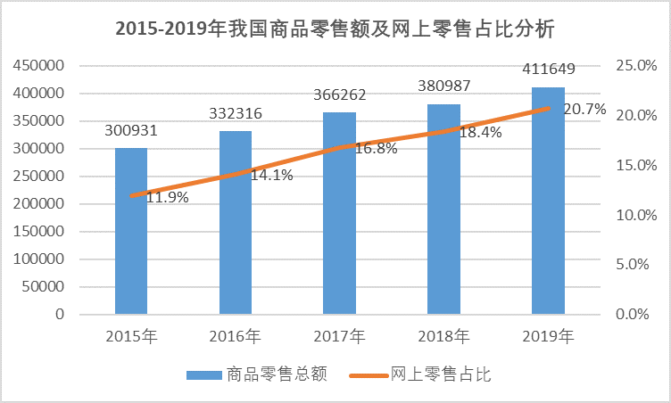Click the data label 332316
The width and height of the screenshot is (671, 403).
click(236, 114)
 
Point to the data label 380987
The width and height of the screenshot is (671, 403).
click(443, 86)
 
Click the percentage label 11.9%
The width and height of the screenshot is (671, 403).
click(167, 198)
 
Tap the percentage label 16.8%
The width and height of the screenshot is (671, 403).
click(375, 149)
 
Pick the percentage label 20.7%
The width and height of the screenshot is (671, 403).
click(585, 110)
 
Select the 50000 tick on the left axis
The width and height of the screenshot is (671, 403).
click(45, 287)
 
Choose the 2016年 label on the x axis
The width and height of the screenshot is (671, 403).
click(236, 337)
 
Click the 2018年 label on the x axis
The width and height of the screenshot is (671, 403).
click(443, 337)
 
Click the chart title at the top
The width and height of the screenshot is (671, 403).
click(335, 29)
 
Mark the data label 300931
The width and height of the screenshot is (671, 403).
click(131, 130)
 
